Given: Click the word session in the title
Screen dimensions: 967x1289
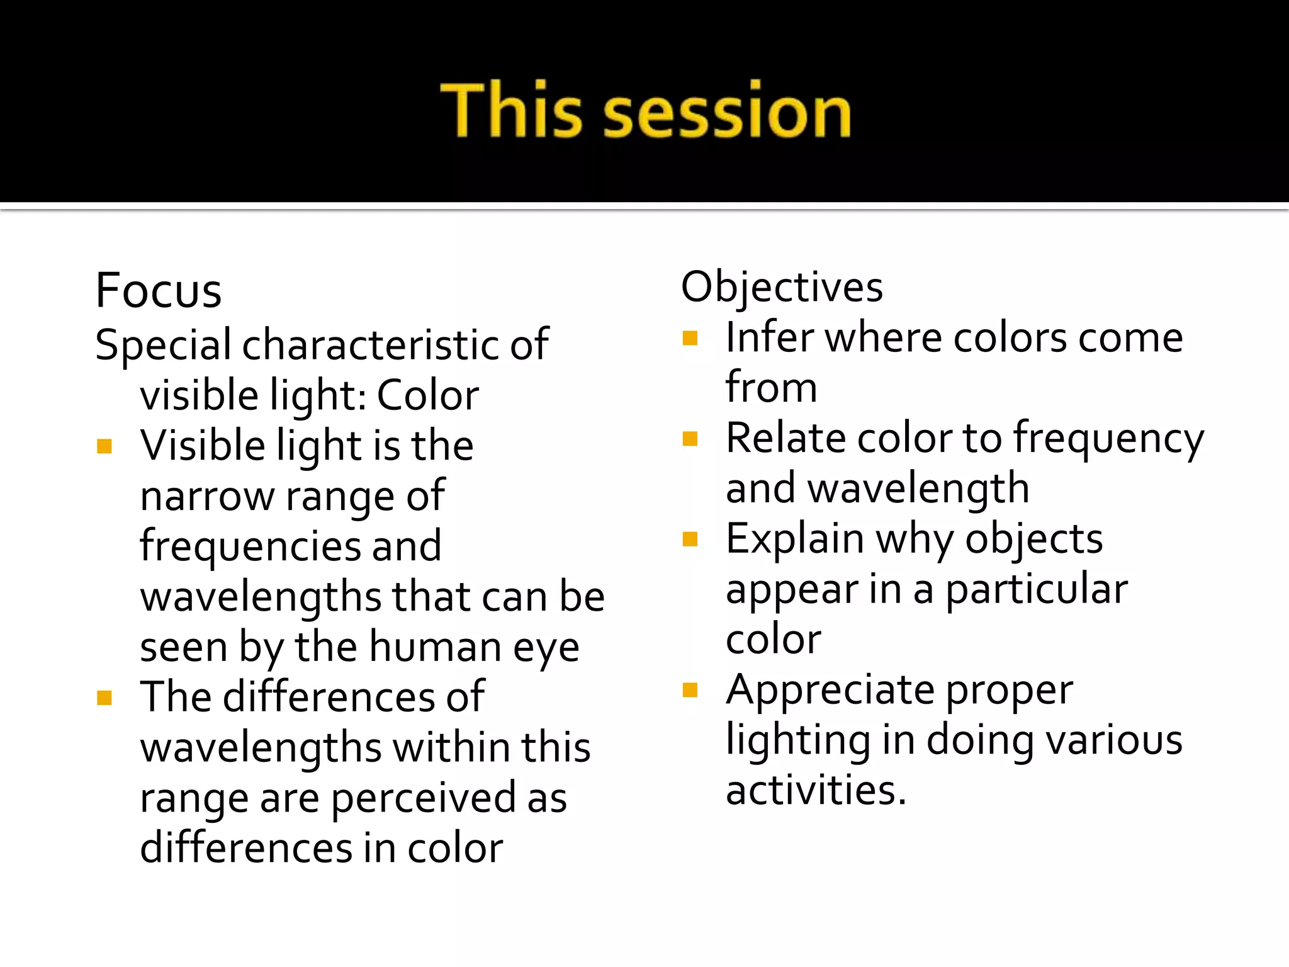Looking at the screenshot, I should coord(727,111).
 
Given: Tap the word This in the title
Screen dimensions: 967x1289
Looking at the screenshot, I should coord(511,111).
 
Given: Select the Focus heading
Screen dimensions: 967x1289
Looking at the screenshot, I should coord(159,291).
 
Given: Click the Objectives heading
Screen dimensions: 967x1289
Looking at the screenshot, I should coord(782,287).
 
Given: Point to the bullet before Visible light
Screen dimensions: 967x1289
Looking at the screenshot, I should coord(104,446).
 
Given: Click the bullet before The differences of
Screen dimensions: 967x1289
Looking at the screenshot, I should coord(104,698).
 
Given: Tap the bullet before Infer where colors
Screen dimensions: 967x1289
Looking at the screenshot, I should coord(690,339).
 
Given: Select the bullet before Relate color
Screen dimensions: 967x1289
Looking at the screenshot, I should coord(690,439).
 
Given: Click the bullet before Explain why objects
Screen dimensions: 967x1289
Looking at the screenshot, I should coord(690,539).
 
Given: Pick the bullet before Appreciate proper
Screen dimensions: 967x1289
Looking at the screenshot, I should coord(690,691).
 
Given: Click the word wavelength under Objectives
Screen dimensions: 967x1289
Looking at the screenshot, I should coord(918,490).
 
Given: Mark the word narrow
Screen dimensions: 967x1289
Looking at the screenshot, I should coord(207,496).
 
